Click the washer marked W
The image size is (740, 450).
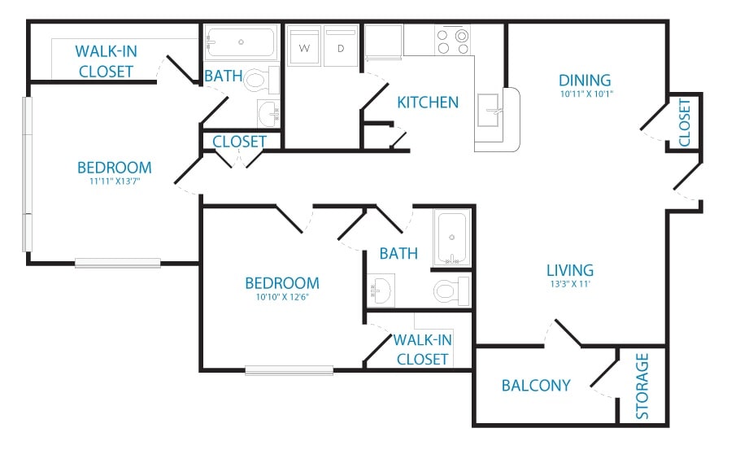305,47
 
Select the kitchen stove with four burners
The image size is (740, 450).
452,41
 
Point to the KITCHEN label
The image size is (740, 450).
428,103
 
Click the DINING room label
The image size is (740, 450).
585,80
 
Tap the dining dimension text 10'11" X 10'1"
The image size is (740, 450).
585,94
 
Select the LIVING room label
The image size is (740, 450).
569,270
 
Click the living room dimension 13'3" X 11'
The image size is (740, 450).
569,284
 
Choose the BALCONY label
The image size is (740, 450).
536,385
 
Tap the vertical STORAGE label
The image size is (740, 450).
643,386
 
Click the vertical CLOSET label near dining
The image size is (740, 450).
685,123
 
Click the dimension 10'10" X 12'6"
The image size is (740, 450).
281,297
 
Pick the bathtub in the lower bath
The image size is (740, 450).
452,238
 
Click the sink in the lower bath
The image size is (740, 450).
382,288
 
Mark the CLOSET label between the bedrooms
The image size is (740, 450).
240,142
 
